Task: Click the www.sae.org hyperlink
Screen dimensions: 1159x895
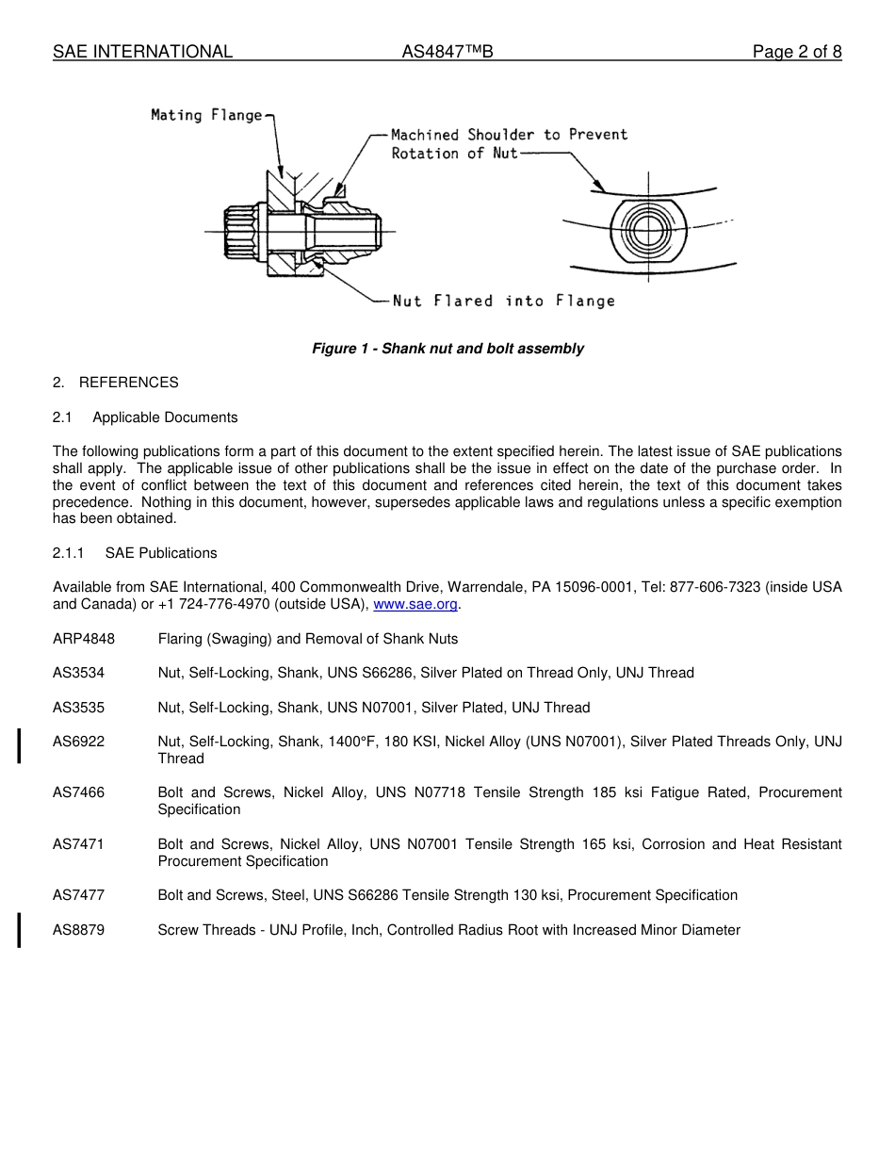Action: (x=415, y=604)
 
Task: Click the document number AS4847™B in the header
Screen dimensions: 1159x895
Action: (x=447, y=52)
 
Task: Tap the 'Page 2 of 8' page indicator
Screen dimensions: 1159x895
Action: (x=796, y=52)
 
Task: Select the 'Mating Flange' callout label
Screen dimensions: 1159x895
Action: (x=207, y=115)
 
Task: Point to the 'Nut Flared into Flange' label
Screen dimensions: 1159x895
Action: (x=503, y=301)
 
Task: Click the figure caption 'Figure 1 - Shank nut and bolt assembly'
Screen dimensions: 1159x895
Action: (x=447, y=349)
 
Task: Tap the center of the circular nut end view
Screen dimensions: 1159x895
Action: (x=648, y=232)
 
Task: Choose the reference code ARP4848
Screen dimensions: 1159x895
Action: (x=84, y=639)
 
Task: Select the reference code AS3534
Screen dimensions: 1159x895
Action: (x=79, y=673)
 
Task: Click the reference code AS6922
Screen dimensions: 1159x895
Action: (x=79, y=742)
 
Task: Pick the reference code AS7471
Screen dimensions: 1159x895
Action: (x=79, y=844)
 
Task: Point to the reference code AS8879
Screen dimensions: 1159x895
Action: (x=79, y=930)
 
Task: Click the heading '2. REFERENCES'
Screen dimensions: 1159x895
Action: (x=115, y=383)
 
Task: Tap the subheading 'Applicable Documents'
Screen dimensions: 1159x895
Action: (x=165, y=417)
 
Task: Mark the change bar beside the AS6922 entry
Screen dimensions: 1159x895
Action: (x=20, y=744)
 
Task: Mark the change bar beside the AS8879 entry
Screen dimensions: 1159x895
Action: (x=20, y=929)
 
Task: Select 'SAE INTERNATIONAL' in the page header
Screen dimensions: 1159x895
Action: (x=142, y=52)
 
